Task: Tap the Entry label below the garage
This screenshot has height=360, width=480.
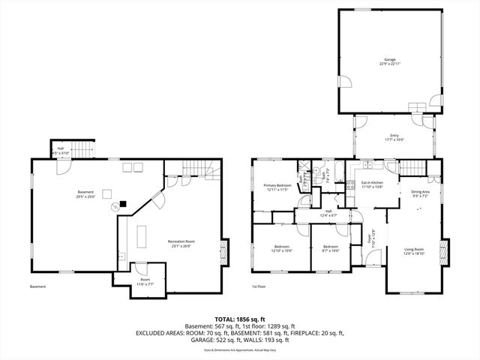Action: (394, 137)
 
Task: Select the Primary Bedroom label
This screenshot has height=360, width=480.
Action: (277, 187)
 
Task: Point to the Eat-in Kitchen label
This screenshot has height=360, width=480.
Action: (373, 184)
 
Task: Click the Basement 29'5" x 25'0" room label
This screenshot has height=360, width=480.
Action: (85, 194)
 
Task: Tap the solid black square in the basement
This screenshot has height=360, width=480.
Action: (121, 203)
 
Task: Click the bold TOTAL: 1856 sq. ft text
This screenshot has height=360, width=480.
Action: (240, 319)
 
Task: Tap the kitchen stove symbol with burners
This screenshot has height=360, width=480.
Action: (349, 185)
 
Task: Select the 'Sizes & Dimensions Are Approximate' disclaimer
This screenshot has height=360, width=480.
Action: (240, 350)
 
